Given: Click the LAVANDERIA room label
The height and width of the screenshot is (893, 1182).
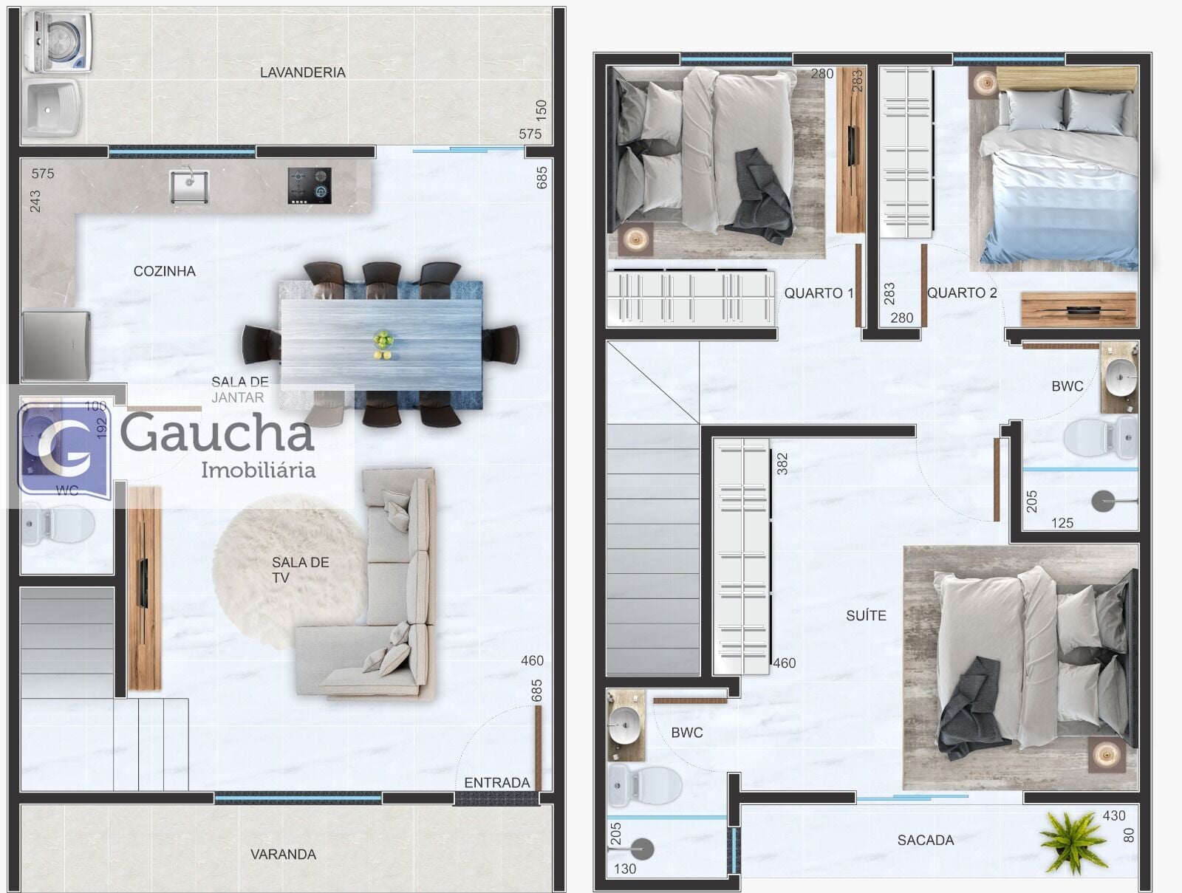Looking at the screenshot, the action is [x=303, y=72].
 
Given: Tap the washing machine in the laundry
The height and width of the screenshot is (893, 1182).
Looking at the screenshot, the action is [x=58, y=42].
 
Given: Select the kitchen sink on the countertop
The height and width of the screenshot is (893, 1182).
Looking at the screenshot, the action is [x=189, y=186].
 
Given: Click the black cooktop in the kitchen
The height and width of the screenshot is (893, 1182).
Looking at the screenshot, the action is [x=310, y=185].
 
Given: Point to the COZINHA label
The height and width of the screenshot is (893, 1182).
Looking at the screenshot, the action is [x=164, y=271].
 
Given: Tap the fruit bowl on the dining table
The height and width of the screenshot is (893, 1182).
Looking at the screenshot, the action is [x=383, y=344].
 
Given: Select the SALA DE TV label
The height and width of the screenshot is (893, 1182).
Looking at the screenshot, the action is [x=300, y=570].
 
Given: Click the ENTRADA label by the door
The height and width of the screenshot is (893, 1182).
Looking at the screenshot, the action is [x=497, y=783].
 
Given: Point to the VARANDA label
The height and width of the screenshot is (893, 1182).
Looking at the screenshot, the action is [x=283, y=855].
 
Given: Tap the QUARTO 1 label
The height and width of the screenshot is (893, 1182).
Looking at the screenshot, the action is [x=819, y=293].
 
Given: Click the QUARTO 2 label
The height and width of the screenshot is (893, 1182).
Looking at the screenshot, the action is [x=962, y=292].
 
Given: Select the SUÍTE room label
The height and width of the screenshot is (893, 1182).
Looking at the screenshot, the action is [x=866, y=615].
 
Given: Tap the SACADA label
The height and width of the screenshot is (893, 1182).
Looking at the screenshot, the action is [x=926, y=840].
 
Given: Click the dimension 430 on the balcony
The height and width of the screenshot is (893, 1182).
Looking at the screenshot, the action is [x=1113, y=816].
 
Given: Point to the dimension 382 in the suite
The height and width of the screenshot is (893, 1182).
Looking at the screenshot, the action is [x=782, y=463].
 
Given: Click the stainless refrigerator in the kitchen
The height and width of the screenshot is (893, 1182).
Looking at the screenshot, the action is [x=56, y=345].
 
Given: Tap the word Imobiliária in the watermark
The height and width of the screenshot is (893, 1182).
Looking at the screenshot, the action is [x=259, y=470].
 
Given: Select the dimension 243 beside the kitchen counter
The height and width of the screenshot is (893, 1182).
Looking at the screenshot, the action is [x=35, y=202].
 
